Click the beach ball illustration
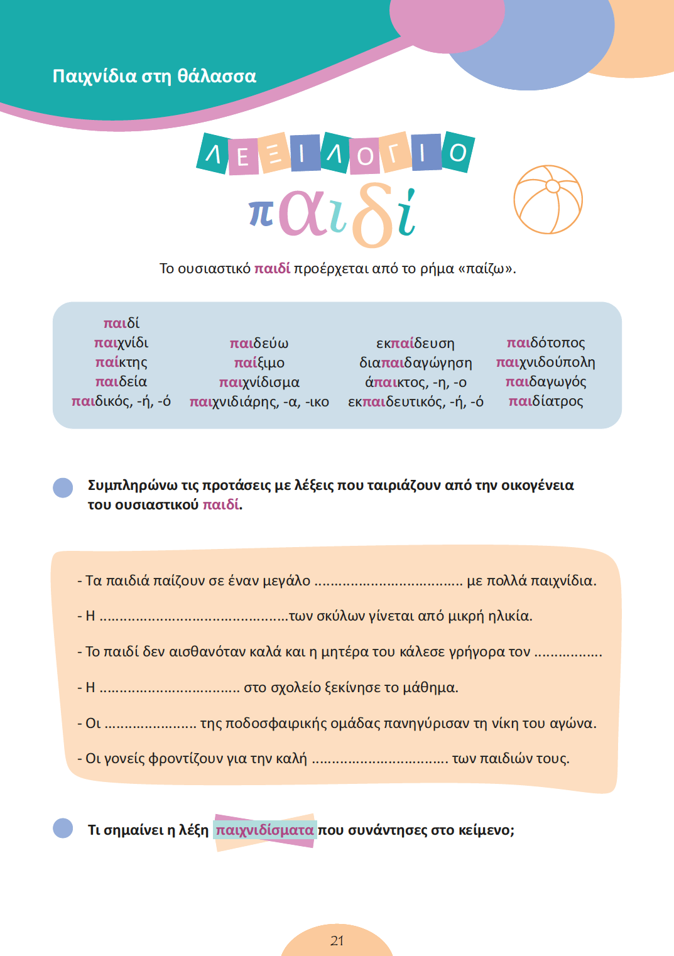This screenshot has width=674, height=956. [x=548, y=200]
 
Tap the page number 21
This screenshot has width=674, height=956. [x=337, y=940]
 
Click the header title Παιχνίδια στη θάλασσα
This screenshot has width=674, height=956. [x=155, y=76]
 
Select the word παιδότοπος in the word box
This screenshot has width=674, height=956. [x=545, y=343]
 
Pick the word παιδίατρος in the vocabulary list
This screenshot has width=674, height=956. [x=545, y=401]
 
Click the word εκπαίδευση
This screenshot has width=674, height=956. [x=415, y=344]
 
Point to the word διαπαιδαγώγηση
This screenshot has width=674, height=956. [x=415, y=363]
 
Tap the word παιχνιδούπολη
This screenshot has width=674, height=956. [x=545, y=362]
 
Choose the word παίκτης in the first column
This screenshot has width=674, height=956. [x=121, y=362]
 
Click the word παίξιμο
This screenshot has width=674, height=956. [x=259, y=363]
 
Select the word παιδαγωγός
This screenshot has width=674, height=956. [x=545, y=382]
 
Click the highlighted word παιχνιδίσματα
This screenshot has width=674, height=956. [x=264, y=830]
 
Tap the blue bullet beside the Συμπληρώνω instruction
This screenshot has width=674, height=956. [x=63, y=488]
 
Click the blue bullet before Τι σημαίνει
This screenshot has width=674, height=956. [x=63, y=828]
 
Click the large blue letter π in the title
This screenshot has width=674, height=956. [x=261, y=212]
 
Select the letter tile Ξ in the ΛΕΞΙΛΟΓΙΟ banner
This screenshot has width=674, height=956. [x=274, y=153]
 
